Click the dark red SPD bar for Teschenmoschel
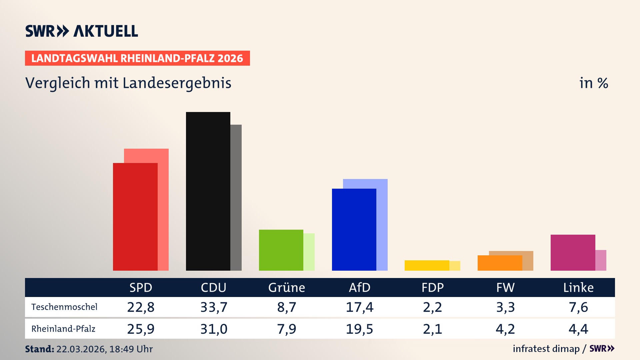[x=135, y=217]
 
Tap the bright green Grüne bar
[x=281, y=250]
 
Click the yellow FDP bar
[x=427, y=265]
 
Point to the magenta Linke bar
[x=573, y=252]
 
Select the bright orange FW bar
[x=500, y=263]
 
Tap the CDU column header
[x=213, y=288]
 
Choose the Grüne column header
[x=286, y=288]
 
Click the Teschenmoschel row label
[x=64, y=307]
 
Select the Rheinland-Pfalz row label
[x=63, y=329]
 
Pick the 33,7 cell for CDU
[x=214, y=307]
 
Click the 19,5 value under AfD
[x=359, y=329]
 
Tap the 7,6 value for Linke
[x=578, y=307]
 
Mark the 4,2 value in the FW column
[x=505, y=329]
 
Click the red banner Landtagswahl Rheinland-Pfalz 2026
[x=137, y=58]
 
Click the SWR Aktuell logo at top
[x=82, y=31]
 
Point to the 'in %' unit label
[x=594, y=83]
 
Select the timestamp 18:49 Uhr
[x=131, y=349]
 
